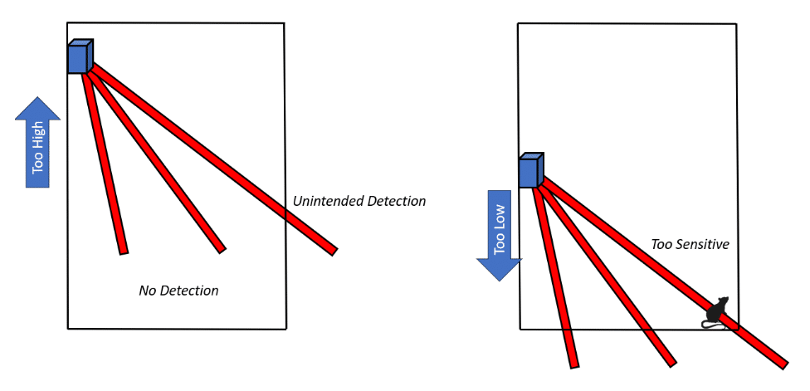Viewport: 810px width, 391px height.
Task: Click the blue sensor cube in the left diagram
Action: (x=80, y=57)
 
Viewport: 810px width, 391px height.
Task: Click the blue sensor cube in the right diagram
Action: (x=530, y=171)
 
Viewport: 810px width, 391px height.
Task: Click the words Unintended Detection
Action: (x=359, y=201)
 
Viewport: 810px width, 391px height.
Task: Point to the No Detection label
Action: (x=178, y=291)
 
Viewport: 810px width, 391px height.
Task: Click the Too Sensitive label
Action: (x=690, y=245)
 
